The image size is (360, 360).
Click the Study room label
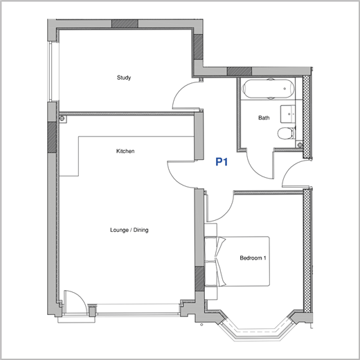pyautogui.click(x=124, y=78)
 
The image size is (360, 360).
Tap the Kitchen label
pyautogui.click(x=125, y=151)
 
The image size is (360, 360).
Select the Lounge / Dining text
pyautogui.click(x=129, y=230)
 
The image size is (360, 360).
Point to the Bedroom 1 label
pyautogui.click(x=253, y=258)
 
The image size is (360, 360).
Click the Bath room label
pyautogui.click(x=264, y=118)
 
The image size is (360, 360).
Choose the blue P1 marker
pyautogui.click(x=222, y=161)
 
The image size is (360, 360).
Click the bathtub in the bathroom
pyautogui.click(x=268, y=89)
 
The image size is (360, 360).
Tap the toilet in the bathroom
pyautogui.click(x=287, y=134)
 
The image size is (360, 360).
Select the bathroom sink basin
pyautogui.click(x=288, y=114)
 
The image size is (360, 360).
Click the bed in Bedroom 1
pyautogui.click(x=242, y=261)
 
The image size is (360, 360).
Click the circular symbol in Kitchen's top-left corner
pyautogui.click(x=62, y=118)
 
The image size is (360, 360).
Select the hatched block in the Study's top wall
pyautogui.click(x=125, y=24)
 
